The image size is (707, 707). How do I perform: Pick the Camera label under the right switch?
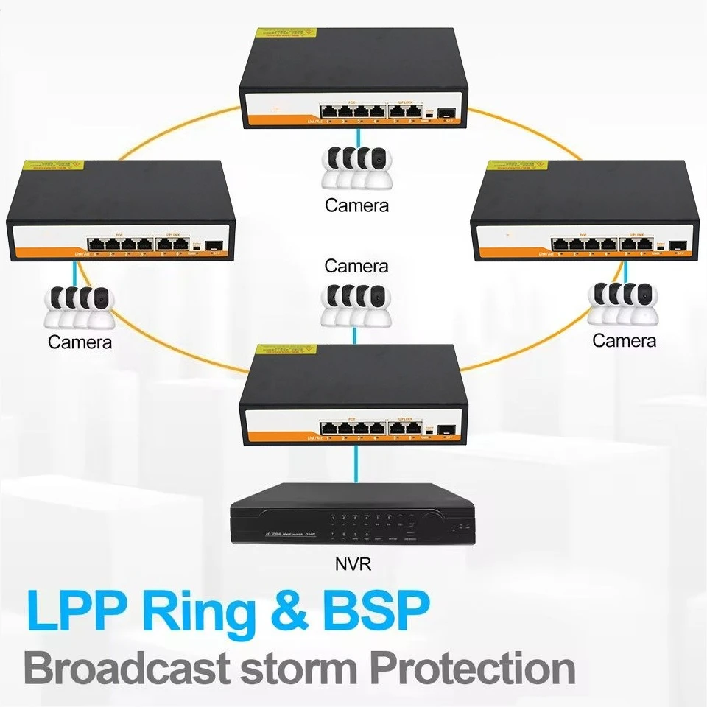[624, 341]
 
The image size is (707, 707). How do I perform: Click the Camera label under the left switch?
[80, 342]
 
